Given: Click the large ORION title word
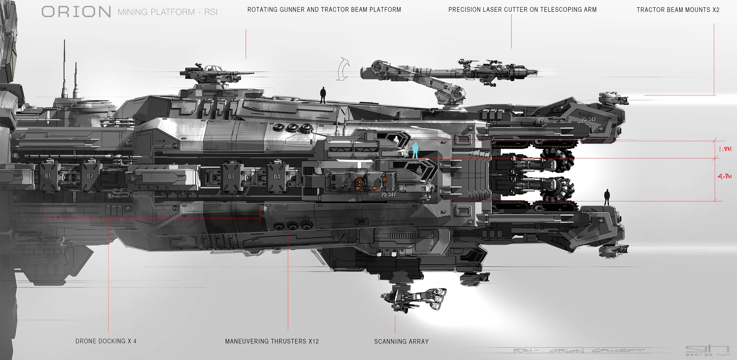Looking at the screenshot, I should [x=76, y=12].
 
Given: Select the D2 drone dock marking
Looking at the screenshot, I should [x=90, y=176].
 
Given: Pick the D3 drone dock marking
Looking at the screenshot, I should [x=231, y=176].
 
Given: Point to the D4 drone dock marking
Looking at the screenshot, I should [x=277, y=177].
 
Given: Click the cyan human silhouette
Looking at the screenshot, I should [x=415, y=150].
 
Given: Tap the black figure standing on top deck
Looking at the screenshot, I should [x=323, y=95].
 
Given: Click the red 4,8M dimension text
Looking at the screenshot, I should [x=724, y=176].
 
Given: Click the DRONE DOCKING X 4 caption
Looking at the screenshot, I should [x=106, y=341].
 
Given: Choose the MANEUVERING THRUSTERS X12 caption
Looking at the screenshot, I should [x=272, y=341].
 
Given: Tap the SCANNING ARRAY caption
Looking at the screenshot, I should [x=401, y=341].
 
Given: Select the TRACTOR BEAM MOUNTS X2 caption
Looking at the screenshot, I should [x=678, y=10].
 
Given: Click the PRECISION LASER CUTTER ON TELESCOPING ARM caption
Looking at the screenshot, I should [x=522, y=9].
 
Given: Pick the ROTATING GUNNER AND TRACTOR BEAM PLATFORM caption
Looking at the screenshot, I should [x=324, y=9].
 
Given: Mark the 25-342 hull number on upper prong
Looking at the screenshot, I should [x=588, y=119].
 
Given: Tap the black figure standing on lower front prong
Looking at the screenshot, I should [x=606, y=197].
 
